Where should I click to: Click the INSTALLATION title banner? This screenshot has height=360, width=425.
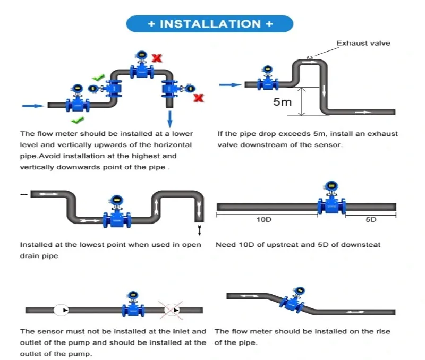[x=210, y=24]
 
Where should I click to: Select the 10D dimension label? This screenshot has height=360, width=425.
[x=264, y=219]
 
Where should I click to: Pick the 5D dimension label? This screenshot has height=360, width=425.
[x=371, y=219]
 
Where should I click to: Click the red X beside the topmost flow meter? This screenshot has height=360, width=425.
[x=157, y=57]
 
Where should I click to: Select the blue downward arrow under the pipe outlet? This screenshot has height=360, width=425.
[x=169, y=117]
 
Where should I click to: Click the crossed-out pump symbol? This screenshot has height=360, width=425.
[x=172, y=310]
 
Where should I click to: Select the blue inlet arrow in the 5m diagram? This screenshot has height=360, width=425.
[x=229, y=84]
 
